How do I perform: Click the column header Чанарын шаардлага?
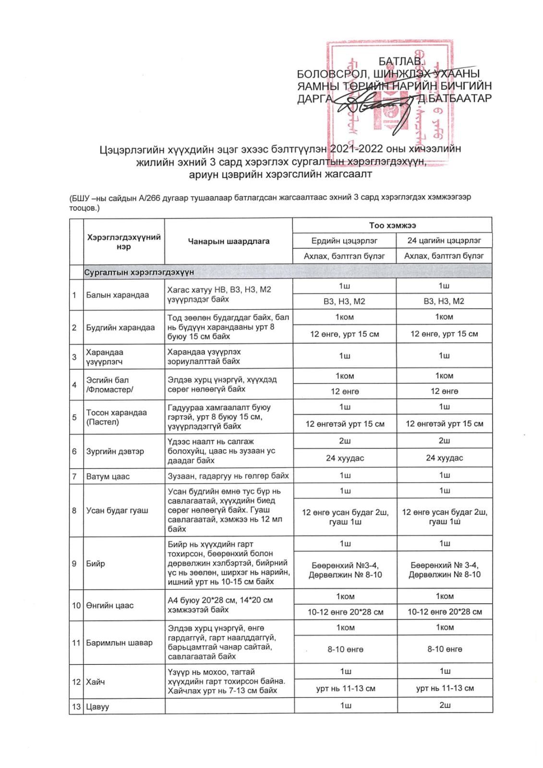coord(229,241)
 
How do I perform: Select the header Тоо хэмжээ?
coord(392,225)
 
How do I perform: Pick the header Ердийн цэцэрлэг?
coord(344,240)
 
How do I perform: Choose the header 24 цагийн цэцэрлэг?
coord(444,240)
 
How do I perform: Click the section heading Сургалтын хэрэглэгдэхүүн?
coord(139,272)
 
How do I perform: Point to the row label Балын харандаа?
coord(117,295)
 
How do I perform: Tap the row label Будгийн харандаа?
coord(120,327)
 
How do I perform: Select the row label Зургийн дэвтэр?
coord(115,451)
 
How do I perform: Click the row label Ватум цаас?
coord(108,477)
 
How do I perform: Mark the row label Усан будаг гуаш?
coord(117,510)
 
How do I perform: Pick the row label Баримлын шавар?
coord(119,643)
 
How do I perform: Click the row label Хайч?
coord(95,682)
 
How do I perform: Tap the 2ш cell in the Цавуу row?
coord(445,705)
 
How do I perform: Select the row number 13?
coord(76,707)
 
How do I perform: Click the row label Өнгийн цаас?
coord(109,605)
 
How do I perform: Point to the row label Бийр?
coord(96,564)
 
